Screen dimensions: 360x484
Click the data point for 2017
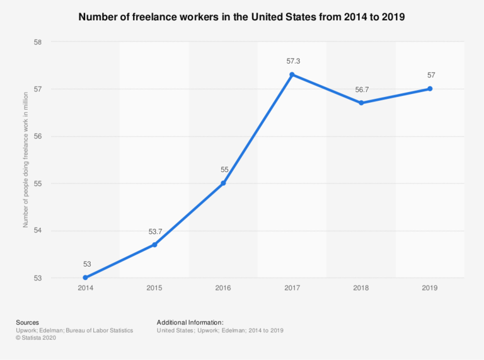(292, 74)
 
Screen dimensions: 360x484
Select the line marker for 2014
(85, 277)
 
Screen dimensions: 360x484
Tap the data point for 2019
(430, 89)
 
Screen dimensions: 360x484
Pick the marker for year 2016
(223, 183)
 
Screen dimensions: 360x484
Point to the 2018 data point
(361, 103)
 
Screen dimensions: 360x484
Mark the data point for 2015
(154, 245)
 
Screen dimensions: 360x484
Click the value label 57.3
(292, 61)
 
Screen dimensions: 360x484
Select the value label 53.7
(154, 231)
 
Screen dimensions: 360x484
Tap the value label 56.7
(362, 90)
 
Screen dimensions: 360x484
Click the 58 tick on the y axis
(37, 42)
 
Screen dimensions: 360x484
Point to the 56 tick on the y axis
(37, 136)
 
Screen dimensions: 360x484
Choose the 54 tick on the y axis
(37, 231)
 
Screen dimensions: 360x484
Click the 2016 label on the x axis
(223, 287)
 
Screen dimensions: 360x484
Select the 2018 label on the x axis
(361, 287)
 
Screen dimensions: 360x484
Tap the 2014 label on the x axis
(85, 287)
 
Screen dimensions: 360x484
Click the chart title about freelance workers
(241, 17)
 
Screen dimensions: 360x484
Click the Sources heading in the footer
(28, 322)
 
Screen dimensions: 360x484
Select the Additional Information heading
(190, 322)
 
